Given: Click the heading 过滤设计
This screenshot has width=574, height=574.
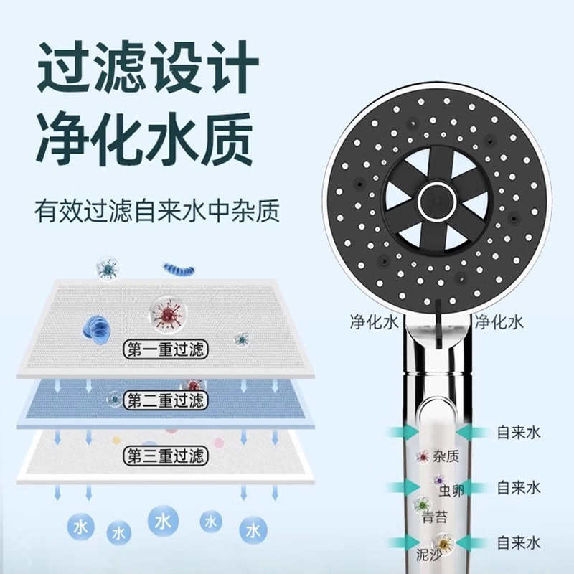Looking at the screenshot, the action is pos(147,66).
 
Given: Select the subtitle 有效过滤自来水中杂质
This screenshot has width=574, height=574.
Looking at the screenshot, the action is pos(157,211).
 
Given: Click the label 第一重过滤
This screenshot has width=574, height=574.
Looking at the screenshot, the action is pos(165,350).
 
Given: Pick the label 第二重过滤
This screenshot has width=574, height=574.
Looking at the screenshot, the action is pos(165,400).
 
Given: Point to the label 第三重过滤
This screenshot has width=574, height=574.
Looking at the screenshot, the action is pos(165,455).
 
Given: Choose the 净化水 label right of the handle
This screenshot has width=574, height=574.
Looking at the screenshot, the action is pos(499,322).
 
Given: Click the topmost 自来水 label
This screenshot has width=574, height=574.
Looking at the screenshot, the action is pos(518,432).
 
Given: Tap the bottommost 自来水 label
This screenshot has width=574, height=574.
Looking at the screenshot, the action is pos(518,543).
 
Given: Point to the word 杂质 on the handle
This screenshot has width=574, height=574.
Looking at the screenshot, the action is pos(446,457).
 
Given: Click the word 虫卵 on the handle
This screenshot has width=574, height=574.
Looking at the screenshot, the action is pos(451,491).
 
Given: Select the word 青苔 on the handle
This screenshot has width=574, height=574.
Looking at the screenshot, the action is pos(436,517).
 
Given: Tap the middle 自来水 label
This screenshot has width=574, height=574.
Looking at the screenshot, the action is pos(518,488).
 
